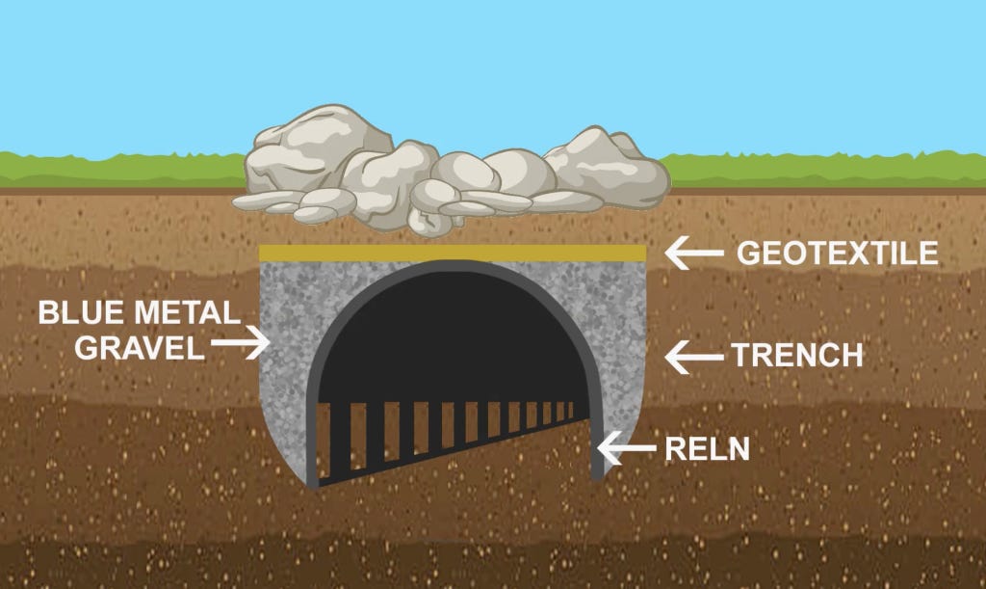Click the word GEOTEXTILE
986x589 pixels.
click(x=837, y=254)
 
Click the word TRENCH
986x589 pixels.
click(x=797, y=356)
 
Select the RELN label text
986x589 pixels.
click(x=708, y=448)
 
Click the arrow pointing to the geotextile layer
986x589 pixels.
click(x=693, y=254)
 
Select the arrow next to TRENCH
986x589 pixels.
click(x=693, y=357)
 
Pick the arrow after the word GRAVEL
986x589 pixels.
click(x=241, y=341)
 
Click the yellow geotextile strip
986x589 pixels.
click(x=453, y=253)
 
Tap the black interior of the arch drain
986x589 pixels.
click(x=453, y=337)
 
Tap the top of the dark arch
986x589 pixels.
click(x=453, y=267)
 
